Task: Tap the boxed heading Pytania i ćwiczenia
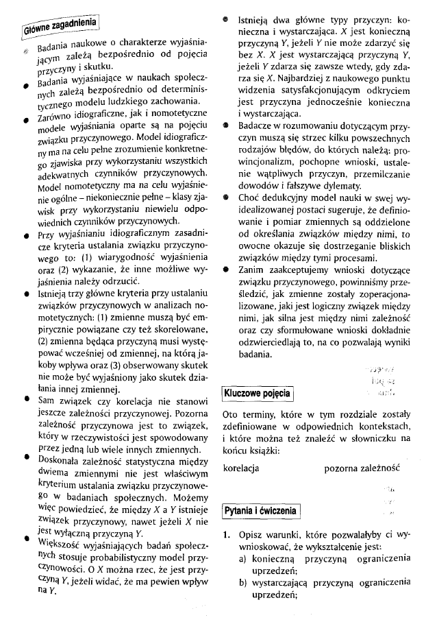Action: (261, 511)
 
